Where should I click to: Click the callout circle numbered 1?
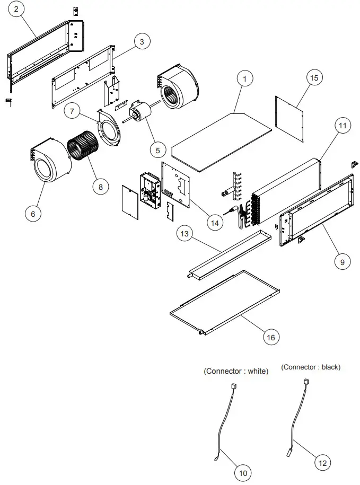tap(244, 79)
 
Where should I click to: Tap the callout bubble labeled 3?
tap(142, 42)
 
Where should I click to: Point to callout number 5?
tap(157, 150)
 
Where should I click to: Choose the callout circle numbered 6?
tap(33, 213)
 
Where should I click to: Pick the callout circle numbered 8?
tap(100, 186)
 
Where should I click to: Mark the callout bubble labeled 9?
tap(342, 261)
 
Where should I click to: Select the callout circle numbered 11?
tap(342, 126)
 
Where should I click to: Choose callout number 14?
tap(215, 223)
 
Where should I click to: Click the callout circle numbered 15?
tap(314, 78)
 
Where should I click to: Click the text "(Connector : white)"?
tap(236, 372)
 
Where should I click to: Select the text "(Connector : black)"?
tap(311, 367)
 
